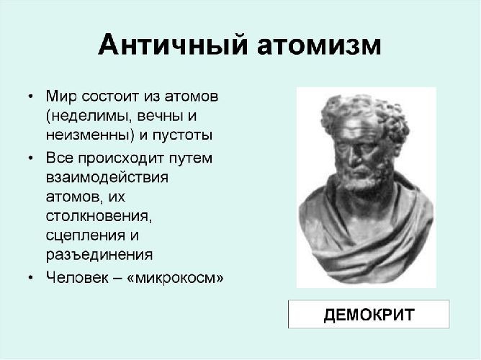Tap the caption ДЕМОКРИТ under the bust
[369, 315]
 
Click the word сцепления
[85, 235]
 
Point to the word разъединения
[98, 254]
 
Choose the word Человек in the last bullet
[76, 276]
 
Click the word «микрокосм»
[175, 276]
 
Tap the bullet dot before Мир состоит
[30, 96]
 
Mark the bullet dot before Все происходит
[30, 158]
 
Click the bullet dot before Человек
[30, 277]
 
